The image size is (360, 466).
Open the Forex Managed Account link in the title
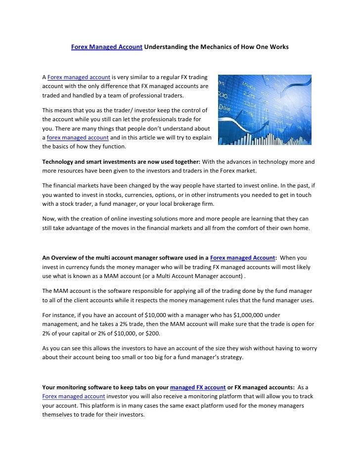(x=107, y=47)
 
